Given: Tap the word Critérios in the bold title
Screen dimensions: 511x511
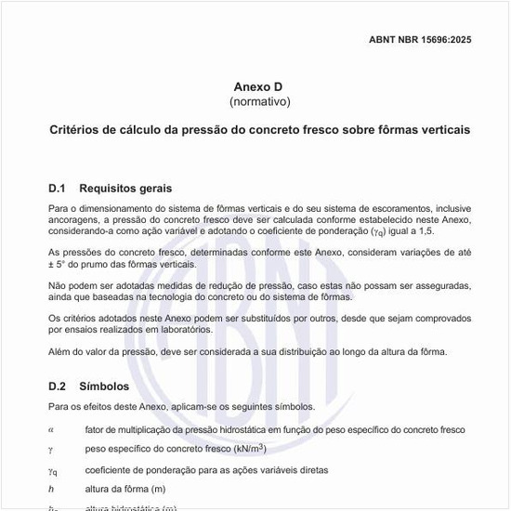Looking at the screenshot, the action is tap(76, 130).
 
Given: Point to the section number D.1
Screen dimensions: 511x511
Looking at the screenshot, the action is tap(58, 189).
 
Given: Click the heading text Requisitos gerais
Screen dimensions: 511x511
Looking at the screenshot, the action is tap(125, 189).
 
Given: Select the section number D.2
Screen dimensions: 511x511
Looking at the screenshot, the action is tap(58, 386).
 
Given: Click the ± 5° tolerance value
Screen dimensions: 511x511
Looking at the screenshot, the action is tap(60, 264).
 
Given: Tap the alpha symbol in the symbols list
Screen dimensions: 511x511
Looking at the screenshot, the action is tap(51, 429).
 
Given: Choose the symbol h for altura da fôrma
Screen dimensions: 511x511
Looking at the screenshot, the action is tap(51, 490).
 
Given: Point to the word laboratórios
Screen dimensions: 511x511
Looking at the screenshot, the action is tap(211, 330).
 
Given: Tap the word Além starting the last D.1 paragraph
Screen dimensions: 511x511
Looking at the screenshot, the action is tap(59, 351).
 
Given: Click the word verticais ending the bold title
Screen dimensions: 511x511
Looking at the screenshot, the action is tap(442, 130).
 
